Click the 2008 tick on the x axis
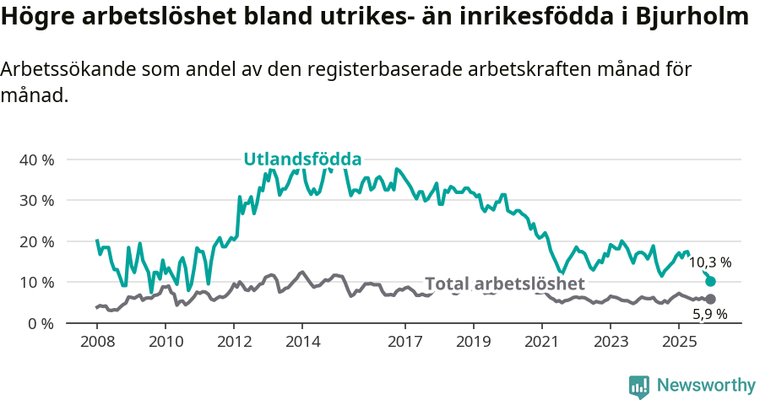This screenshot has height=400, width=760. click(x=97, y=341)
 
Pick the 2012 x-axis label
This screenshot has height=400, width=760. click(x=234, y=341)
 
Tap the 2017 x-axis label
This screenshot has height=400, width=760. click(x=404, y=341)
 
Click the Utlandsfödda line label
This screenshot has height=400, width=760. click(x=302, y=159)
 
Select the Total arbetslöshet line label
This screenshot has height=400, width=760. click(x=504, y=284)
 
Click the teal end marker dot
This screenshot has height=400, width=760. click(x=710, y=281)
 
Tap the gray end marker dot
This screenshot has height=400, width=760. click(x=710, y=299)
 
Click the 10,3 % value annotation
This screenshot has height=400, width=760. click(x=709, y=262)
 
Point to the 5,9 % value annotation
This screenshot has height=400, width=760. click(x=709, y=315)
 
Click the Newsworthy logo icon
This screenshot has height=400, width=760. click(x=639, y=386)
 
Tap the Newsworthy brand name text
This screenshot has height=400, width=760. click(x=706, y=386)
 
